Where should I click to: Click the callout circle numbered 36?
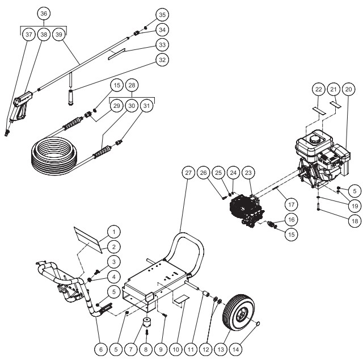point(44,12)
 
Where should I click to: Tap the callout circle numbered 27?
point(189,172)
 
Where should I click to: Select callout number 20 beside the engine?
point(348,89)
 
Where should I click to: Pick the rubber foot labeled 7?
point(147,323)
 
